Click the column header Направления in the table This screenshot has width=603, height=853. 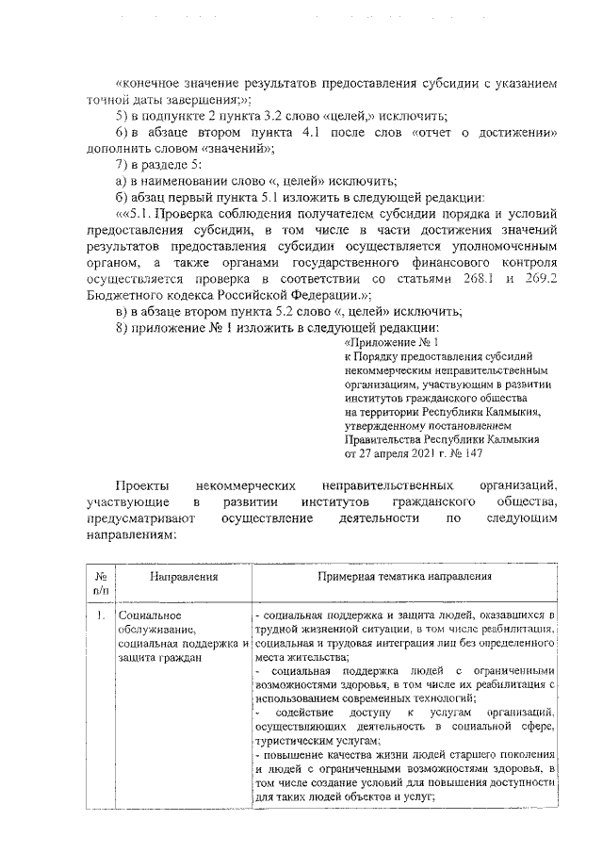click(183, 576)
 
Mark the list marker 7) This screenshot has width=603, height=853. click(121, 164)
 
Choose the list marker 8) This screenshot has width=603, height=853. click(121, 327)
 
